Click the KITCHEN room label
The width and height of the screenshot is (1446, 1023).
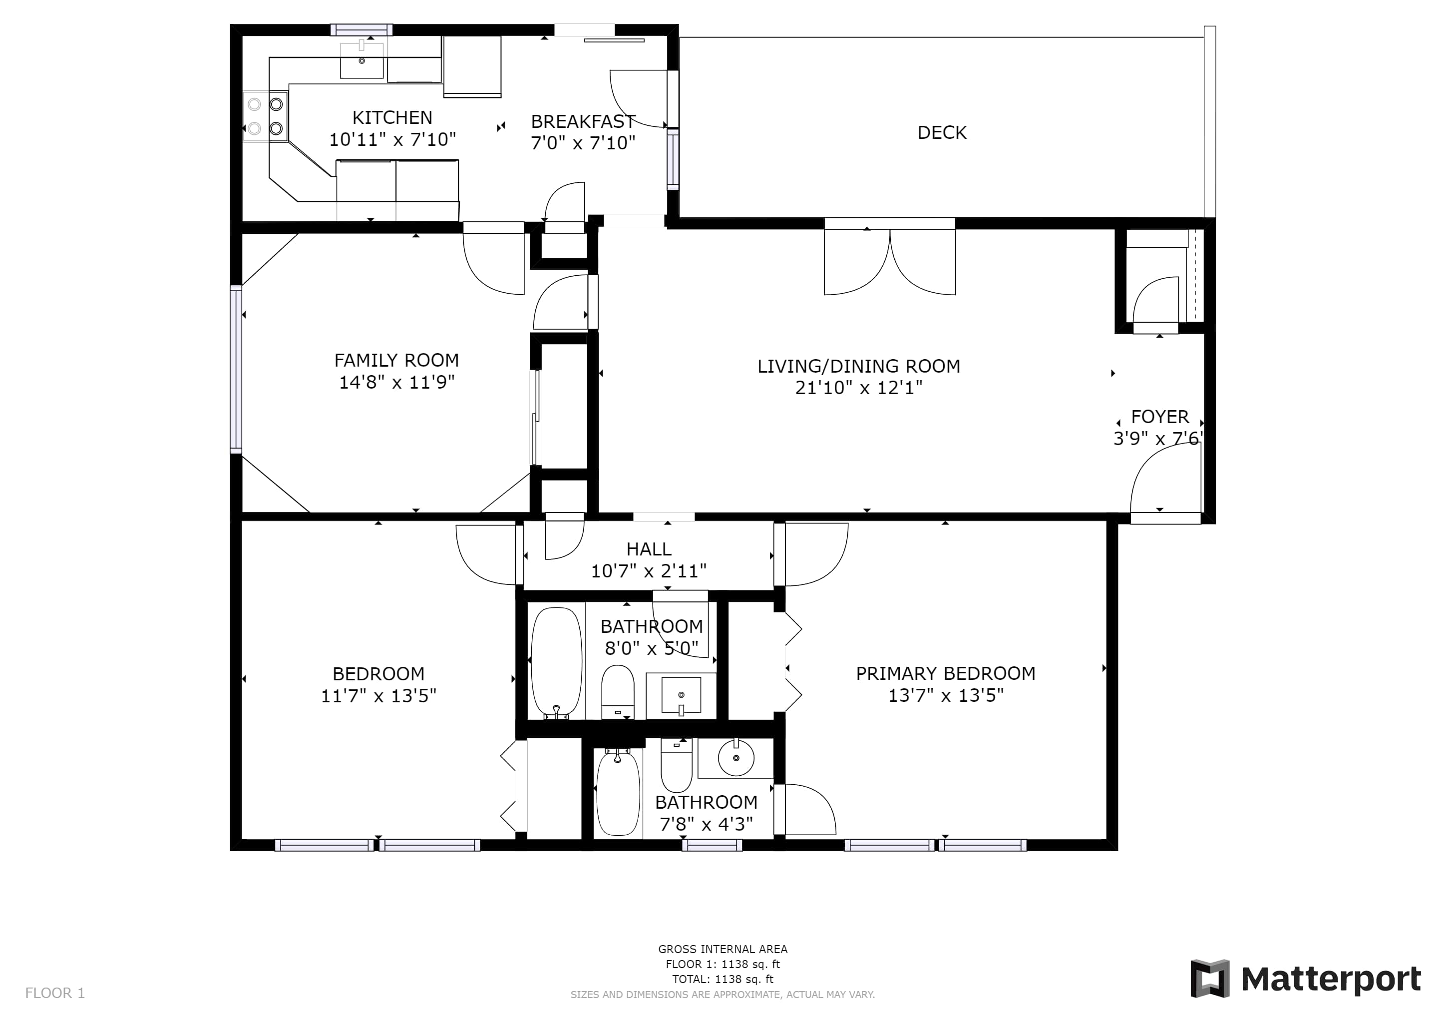[x=392, y=118]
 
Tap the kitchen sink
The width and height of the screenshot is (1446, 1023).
[x=361, y=60]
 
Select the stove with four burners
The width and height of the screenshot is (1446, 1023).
[x=266, y=116]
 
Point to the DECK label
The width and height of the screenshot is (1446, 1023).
[x=942, y=133]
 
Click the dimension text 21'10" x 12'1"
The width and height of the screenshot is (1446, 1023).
[x=858, y=388]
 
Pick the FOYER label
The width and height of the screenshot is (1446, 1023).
[x=1159, y=417]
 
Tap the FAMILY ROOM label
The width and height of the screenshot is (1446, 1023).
[x=396, y=360]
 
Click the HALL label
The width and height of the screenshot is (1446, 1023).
[x=649, y=549]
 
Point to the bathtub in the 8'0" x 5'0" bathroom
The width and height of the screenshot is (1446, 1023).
[x=557, y=663]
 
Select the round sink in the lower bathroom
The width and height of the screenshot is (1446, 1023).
[x=735, y=758]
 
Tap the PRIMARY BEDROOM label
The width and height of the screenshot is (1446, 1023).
[x=945, y=673]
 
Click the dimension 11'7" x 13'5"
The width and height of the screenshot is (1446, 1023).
[x=378, y=696]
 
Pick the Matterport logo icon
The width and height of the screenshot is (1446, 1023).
[x=1209, y=978]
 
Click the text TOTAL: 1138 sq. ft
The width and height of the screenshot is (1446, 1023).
[x=723, y=979]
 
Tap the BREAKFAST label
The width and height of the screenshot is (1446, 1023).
[x=583, y=121]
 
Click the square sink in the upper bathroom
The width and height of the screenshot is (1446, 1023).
[x=681, y=695]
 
